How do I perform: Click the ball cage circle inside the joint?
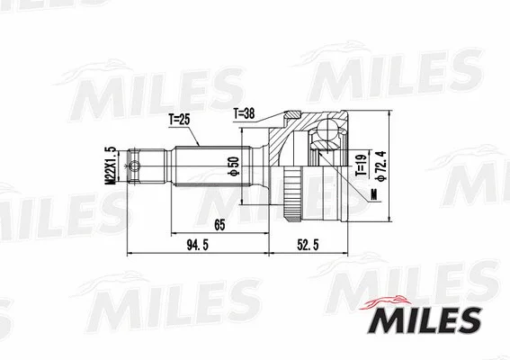pyautogui.click(x=321, y=140)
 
